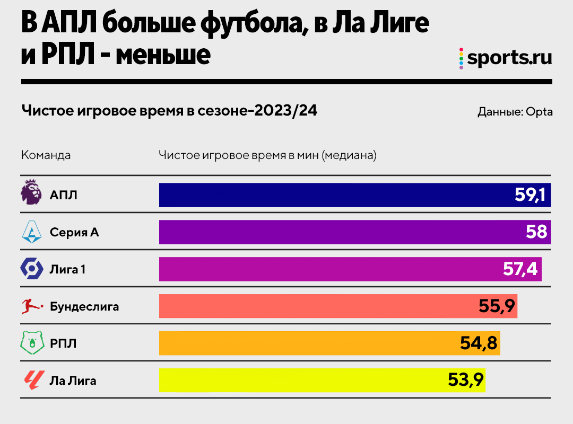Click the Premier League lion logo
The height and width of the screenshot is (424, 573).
[x=31, y=192]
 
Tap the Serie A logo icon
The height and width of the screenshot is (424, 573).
[x=31, y=232]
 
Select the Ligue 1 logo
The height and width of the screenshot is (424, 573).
[x=31, y=269]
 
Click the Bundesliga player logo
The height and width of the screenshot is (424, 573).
[x=31, y=306]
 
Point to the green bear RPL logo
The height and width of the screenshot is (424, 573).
[x=31, y=343]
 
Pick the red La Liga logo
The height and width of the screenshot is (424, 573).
[x=31, y=380]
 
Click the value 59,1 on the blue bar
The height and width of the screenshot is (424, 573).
[x=529, y=195]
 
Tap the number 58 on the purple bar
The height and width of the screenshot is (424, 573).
[x=536, y=232]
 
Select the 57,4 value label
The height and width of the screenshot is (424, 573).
[x=520, y=269]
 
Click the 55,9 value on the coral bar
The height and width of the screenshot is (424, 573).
[x=496, y=306]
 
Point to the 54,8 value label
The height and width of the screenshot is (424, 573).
[x=479, y=343]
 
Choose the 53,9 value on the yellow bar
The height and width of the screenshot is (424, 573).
[x=464, y=380]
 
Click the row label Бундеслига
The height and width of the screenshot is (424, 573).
[x=84, y=306]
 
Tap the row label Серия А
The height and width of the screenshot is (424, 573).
[x=74, y=232]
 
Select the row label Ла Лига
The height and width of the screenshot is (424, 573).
[x=73, y=380]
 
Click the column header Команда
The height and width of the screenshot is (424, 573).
[x=46, y=155]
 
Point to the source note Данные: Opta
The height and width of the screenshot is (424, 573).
[x=515, y=112]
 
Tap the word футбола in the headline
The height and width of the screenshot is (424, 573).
[x=249, y=24]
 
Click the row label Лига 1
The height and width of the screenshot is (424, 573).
[x=67, y=269]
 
